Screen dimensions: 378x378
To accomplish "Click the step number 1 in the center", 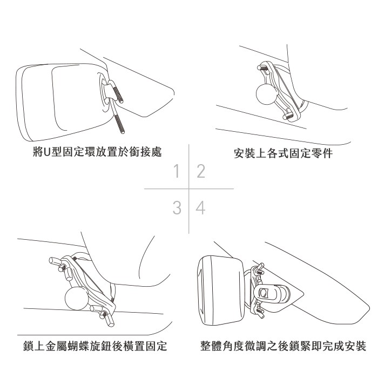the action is pos(177,171).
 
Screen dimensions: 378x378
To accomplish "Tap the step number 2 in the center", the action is pos(201,171).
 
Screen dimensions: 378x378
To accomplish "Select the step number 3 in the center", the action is pos(177,208).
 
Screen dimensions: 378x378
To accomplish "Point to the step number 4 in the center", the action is pos(200,208).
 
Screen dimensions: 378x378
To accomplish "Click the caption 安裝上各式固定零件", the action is pos(283,153).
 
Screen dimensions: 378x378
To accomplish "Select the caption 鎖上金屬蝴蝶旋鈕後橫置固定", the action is pos(95,346).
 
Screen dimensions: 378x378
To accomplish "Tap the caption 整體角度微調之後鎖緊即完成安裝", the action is pos(283,346).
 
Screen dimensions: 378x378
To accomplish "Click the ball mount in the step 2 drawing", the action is pos(266,94).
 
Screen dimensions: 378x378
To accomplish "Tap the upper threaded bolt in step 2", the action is pos(262,67).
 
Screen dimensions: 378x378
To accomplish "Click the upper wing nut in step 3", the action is pos(62,266).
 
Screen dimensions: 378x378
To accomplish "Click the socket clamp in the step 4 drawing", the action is pos(272,293).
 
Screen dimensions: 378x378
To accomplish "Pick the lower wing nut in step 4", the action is pos(260,313).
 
